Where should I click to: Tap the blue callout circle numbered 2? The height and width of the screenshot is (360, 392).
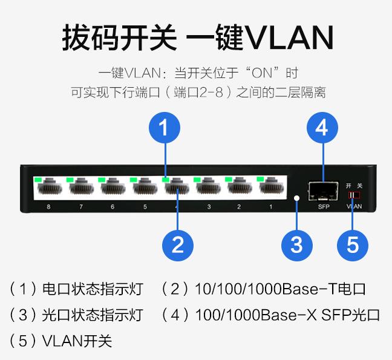(178, 245)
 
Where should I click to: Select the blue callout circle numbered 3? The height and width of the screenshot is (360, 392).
(296, 245)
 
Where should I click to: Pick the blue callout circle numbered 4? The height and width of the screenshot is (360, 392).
(322, 128)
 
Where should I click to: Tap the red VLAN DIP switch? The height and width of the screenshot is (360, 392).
(354, 195)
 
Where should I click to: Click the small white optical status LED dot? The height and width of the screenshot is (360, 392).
(296, 198)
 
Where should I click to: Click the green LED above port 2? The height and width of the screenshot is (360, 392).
(229, 179)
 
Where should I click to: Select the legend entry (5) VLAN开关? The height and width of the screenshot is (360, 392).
(61, 341)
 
